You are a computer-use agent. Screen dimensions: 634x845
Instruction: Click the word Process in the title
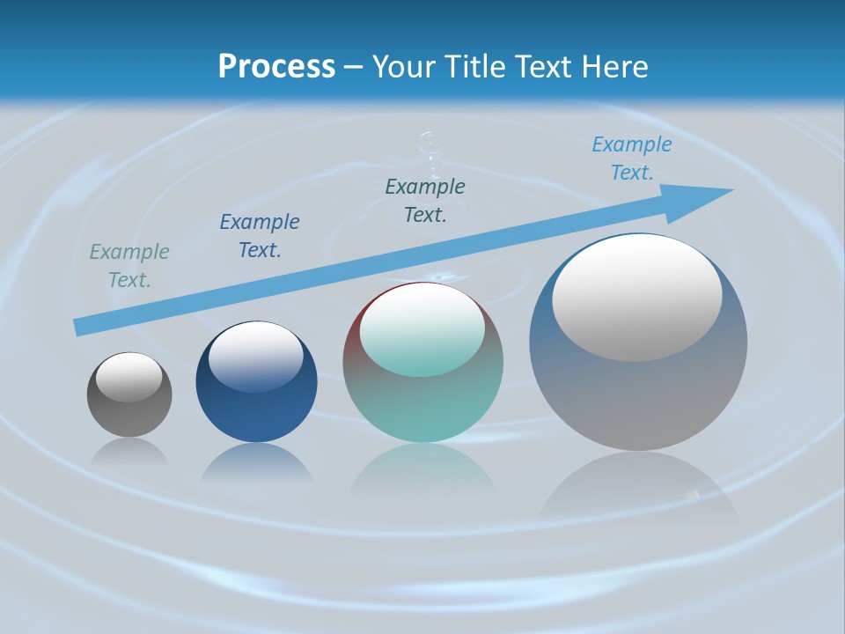pos(276,67)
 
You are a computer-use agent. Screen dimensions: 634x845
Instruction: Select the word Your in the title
pos(403,67)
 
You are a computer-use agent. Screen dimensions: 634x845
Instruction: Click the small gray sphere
pos(129,414)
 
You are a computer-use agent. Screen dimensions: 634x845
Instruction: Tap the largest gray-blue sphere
pos(638,396)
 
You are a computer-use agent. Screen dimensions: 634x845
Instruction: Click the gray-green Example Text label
pos(129,266)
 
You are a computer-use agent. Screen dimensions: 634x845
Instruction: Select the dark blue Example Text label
pos(260,236)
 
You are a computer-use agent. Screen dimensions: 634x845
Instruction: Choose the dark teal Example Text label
pos(425,201)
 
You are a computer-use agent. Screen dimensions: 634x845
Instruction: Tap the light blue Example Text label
pos(631,158)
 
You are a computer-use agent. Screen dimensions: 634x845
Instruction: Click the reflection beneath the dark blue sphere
pos(256,464)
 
